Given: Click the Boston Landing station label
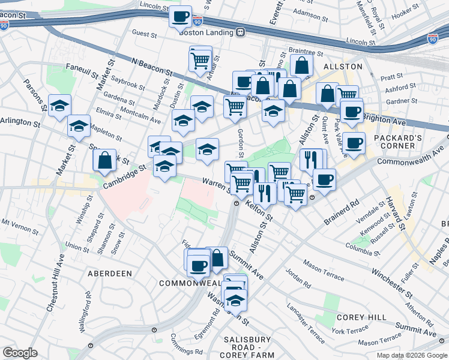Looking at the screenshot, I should point(206,32).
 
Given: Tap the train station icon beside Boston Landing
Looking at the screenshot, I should point(240,32).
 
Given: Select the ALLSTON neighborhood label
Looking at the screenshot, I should point(343,66).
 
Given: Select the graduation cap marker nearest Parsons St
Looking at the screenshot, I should point(59,106).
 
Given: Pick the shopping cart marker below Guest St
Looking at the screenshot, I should point(200,59).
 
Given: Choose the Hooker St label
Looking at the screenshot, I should point(405,12).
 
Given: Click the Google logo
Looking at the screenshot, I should point(20,353).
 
